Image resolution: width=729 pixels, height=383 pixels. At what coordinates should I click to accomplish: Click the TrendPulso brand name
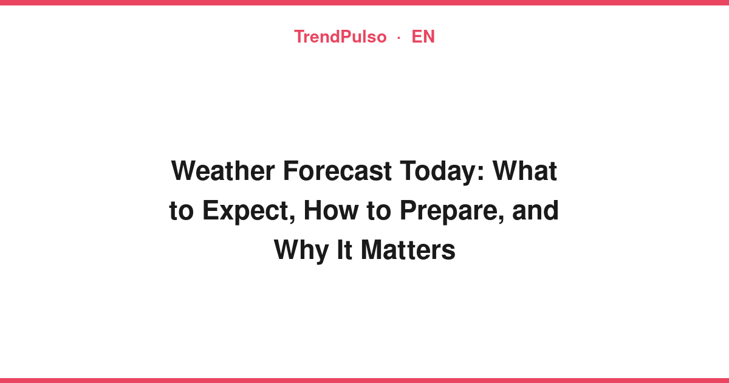coord(340,36)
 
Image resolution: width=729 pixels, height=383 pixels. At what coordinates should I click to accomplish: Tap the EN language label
coord(423,36)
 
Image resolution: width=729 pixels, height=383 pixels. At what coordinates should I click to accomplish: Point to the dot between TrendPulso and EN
coord(399,38)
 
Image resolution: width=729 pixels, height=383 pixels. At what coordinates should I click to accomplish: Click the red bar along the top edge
coord(364,2)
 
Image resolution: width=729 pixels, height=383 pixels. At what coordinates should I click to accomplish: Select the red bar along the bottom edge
coord(364,381)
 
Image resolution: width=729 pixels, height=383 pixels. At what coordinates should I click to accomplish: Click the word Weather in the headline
coord(223,171)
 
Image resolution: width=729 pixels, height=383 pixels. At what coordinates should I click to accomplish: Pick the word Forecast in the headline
coord(337,171)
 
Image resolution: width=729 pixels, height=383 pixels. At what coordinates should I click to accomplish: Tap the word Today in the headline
coord(438,173)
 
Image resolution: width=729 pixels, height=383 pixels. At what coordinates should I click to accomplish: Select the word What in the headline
coord(525,171)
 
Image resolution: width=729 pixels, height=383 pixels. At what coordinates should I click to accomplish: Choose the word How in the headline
coord(331,210)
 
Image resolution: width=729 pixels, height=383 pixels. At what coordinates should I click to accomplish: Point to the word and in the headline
coord(536,210)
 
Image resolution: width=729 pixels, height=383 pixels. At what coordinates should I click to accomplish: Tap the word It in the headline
coord(344,250)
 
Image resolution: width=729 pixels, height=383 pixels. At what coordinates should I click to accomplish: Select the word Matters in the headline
coord(408,250)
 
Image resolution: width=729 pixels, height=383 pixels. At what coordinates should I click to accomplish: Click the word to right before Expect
coord(182,211)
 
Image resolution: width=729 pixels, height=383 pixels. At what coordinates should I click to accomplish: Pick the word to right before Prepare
coord(379,211)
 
